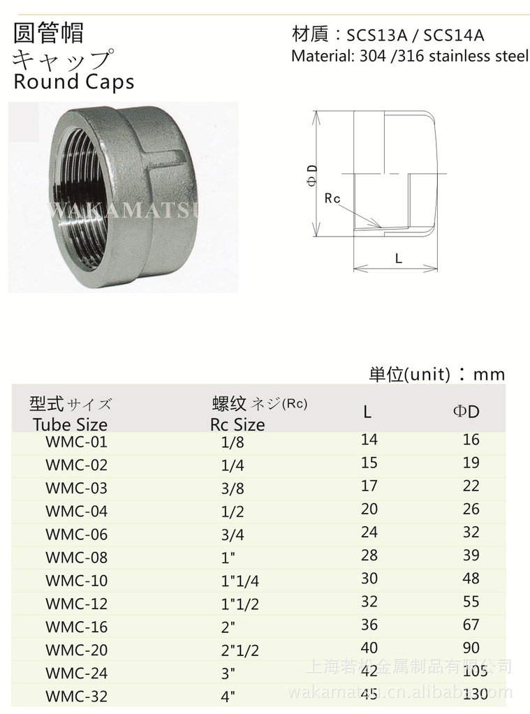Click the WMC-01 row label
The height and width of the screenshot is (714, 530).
coord(76,442)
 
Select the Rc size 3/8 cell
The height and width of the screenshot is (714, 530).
coord(233,488)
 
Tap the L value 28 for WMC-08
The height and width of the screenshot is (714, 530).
coord(369,555)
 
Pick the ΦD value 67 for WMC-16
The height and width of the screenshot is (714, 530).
coord(471,624)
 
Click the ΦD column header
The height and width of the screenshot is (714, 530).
coord(466,412)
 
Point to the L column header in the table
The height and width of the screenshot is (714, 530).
coord(367,412)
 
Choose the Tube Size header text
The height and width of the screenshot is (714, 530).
coord(71,424)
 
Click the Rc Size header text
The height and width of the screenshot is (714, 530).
coord(237,424)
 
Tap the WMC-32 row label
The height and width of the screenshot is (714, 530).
coord(76,697)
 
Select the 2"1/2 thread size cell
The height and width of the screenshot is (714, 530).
coord(240,650)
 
